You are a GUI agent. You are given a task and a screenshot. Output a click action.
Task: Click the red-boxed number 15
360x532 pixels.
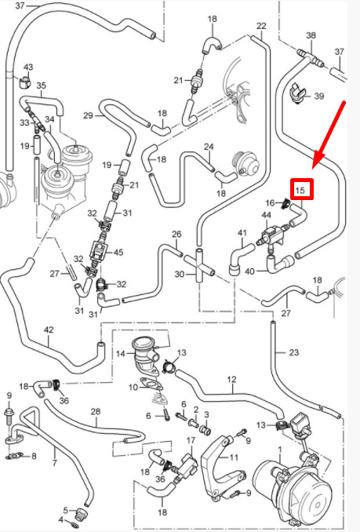point(300,190)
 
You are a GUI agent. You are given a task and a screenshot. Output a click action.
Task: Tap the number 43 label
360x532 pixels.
point(27,67)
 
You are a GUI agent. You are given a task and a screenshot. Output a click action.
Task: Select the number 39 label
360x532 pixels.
point(319,96)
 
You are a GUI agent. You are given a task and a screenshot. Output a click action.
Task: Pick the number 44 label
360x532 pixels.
point(267,215)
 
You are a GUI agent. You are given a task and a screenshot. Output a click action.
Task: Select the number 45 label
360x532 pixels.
point(118,253)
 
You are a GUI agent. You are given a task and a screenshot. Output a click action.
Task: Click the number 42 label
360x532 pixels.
point(49,330)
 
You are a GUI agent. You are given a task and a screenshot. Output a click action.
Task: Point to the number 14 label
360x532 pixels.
point(121,354)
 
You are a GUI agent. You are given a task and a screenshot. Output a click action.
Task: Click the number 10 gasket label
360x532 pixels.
point(133,387)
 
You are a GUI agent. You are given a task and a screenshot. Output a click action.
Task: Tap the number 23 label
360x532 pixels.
point(293,352)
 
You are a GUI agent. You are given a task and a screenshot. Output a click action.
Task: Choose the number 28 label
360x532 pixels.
point(96,411)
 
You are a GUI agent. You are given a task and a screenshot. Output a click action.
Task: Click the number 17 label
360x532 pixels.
point(191,440)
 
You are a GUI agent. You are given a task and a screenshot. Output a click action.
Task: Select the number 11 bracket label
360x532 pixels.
point(234,457)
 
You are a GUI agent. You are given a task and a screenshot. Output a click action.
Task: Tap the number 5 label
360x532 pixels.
point(66,510)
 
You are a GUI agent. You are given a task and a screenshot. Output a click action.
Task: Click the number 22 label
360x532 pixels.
point(261,26)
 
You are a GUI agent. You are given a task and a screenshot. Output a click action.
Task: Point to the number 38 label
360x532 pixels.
point(311,35)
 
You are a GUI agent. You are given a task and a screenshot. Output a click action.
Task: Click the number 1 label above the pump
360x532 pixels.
point(280,450)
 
